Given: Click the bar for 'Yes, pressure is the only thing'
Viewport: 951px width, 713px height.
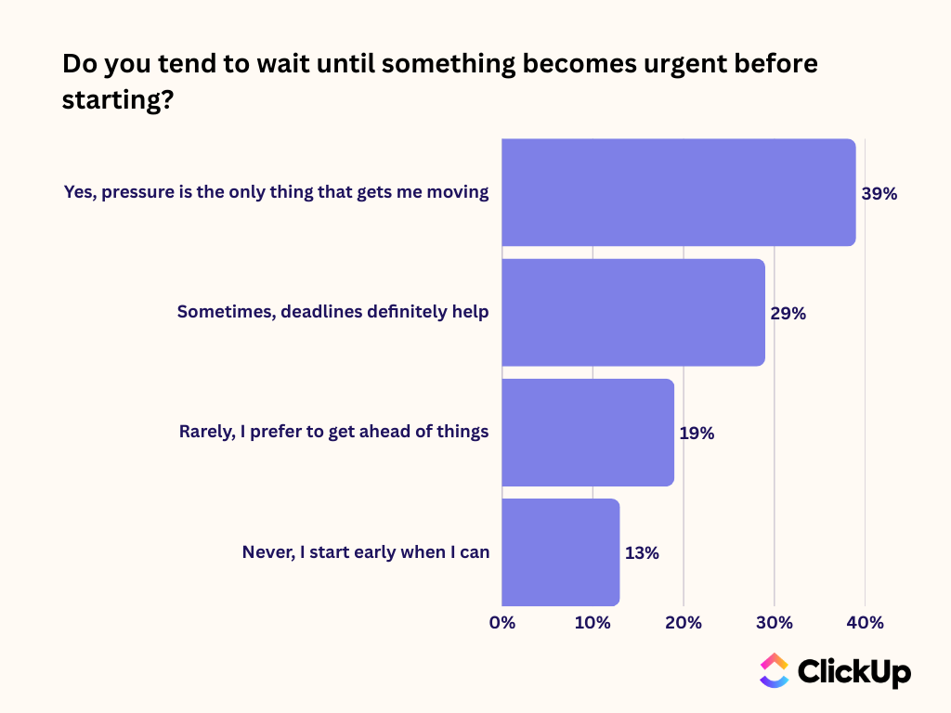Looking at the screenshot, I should (x=678, y=192).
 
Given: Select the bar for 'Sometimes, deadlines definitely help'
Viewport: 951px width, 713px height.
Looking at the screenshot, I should (x=632, y=312).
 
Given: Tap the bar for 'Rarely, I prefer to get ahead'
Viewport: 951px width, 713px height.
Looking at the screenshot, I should (x=587, y=432).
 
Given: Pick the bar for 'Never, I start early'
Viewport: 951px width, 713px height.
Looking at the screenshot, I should (x=560, y=551).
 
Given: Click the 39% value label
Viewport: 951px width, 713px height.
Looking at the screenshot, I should (x=879, y=194).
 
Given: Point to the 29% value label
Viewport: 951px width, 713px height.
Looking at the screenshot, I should (x=788, y=314).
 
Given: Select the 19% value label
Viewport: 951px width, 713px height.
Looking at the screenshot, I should (x=697, y=433).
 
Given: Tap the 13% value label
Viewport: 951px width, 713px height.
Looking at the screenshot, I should (x=642, y=552).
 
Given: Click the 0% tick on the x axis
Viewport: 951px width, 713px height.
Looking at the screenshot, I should (x=502, y=622).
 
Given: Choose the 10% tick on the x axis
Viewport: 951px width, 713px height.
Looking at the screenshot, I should (x=593, y=622).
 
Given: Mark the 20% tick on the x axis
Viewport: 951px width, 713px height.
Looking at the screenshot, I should (x=684, y=622).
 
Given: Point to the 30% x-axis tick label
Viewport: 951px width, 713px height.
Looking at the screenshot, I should (x=775, y=622).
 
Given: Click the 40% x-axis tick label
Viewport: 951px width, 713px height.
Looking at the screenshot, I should (x=866, y=622).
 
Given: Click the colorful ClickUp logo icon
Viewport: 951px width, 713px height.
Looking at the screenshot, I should (x=774, y=670).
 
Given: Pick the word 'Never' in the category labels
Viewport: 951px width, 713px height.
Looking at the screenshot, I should (x=267, y=552).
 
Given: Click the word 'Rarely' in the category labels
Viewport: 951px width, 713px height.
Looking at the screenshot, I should (x=206, y=432).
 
